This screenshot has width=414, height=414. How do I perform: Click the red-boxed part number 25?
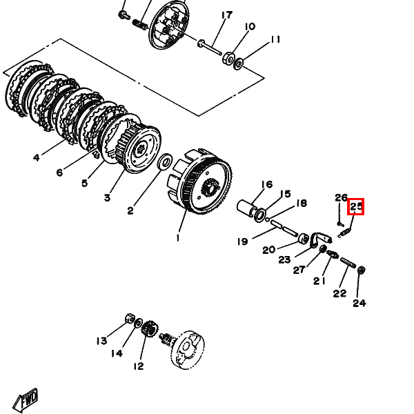tap(355, 206)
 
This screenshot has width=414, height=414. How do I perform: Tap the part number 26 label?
tap(341, 197)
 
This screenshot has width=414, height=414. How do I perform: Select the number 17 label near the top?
tap(227, 15)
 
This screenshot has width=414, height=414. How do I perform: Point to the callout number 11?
tap(275, 39)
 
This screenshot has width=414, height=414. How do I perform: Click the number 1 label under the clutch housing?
tap(178, 238)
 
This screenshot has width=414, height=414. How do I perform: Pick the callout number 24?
tap(359, 303)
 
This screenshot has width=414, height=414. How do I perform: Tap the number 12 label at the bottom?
tap(139, 366)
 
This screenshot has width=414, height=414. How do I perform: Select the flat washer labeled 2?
tap(165, 161)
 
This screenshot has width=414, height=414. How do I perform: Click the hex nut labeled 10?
tap(228, 59)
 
